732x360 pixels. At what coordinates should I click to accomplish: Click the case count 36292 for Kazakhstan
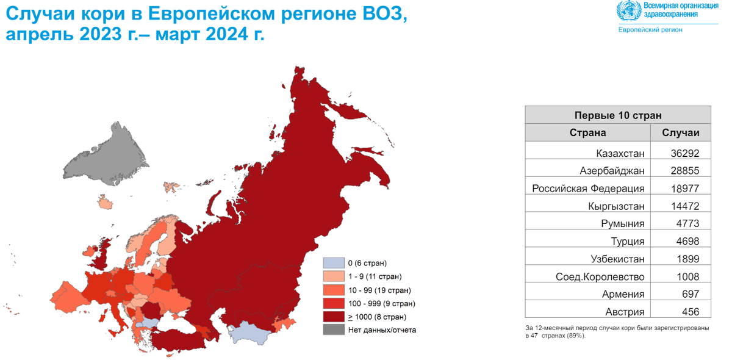681,153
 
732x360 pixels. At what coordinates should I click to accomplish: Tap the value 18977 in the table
681,189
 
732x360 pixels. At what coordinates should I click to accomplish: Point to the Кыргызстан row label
617,206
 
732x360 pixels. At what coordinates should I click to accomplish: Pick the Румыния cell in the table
623,223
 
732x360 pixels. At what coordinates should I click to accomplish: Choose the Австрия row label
624,312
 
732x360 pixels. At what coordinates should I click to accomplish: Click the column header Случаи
681,132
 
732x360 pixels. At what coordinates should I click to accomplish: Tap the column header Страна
587,132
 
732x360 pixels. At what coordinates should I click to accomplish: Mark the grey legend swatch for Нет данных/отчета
333,330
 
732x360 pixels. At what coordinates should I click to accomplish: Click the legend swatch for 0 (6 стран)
333,263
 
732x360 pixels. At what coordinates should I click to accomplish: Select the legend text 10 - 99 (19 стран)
379,290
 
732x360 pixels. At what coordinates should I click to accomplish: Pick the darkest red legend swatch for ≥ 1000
333,317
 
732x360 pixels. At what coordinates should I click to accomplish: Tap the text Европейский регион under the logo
650,29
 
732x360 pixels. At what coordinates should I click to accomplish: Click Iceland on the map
104,202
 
